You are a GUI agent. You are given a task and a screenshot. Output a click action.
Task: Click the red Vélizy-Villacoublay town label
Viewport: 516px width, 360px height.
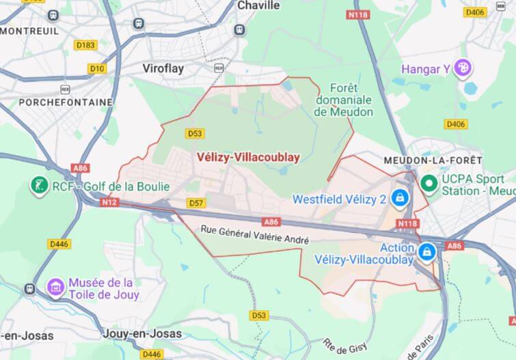[248, 156]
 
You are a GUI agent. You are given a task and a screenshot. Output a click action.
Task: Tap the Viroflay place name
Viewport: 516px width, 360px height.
[163, 68]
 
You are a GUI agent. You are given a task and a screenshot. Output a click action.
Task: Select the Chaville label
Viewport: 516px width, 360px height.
[258, 5]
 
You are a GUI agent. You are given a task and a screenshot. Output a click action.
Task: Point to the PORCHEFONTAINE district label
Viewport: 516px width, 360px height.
[56, 102]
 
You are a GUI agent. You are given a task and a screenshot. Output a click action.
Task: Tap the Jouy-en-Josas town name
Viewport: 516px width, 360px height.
[143, 333]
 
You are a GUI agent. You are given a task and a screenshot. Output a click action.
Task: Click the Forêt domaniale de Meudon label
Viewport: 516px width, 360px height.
[344, 100]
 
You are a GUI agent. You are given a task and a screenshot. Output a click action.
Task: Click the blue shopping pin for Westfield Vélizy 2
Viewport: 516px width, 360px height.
[399, 198]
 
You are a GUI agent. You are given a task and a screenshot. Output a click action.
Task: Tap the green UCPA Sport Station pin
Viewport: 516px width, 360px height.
[429, 183]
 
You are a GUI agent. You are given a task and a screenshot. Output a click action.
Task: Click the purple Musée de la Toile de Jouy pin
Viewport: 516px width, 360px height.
[55, 287]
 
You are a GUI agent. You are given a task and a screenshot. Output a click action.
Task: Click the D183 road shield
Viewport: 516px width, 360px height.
[86, 45]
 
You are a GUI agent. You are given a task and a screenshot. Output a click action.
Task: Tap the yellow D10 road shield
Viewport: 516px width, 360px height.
[97, 68]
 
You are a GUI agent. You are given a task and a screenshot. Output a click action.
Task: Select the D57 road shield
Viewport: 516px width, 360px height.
[196, 203]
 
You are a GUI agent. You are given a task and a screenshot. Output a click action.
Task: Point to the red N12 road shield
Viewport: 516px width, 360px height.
[109, 203]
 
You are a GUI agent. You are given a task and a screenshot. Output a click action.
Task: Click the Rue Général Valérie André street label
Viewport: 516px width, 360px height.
[255, 236]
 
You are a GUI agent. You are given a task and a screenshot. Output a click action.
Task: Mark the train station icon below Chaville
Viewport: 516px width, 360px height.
[239, 29]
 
